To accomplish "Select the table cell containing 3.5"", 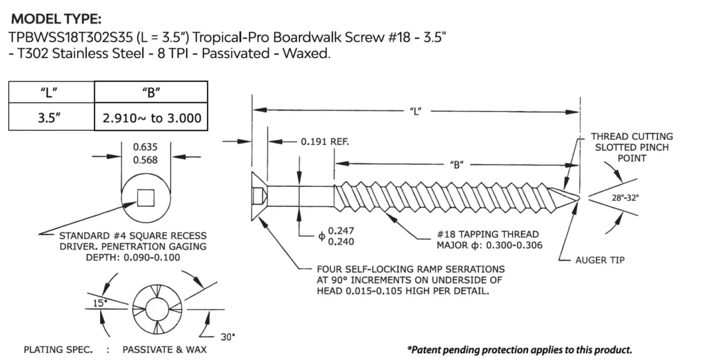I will tap(50, 118).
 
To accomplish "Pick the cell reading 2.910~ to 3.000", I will tap(151, 118).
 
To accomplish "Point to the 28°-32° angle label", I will tap(625, 197).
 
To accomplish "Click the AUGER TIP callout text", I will tap(601, 260).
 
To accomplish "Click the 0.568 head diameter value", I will tap(145, 160).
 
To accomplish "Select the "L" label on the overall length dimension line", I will tap(416, 110).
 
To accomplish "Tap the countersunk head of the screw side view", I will tap(259, 196).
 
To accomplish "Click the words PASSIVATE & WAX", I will tap(164, 350).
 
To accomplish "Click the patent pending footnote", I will tap(519, 350).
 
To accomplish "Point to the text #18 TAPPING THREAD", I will tap(487, 234).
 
